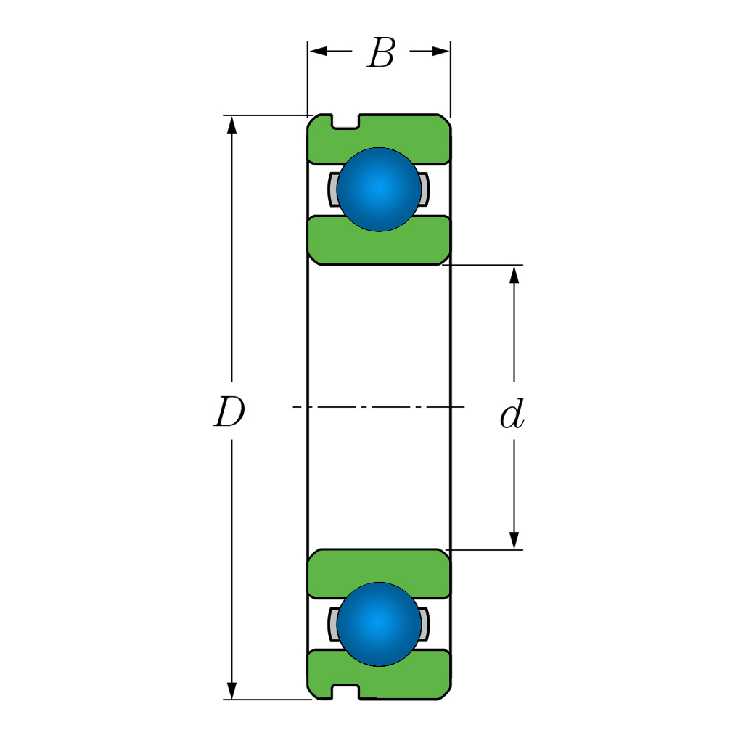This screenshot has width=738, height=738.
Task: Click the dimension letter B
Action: click(x=381, y=53)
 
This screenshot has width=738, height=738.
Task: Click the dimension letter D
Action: click(x=229, y=412)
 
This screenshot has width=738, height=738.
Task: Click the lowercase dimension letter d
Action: click(x=512, y=414)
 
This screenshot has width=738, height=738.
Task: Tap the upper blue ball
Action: click(x=379, y=189)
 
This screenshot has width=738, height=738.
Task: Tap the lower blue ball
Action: click(x=379, y=624)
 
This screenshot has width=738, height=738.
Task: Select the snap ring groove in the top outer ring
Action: click(x=346, y=121)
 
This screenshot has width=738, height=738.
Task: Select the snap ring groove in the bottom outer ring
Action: click(x=346, y=692)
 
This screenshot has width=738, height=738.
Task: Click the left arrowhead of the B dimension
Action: click(x=318, y=51)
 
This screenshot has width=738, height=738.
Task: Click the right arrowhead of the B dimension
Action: click(x=440, y=51)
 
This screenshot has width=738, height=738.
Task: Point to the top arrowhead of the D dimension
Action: click(x=231, y=125)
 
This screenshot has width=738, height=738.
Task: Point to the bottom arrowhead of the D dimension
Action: click(x=231, y=690)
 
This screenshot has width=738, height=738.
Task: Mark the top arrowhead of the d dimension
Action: click(x=514, y=275)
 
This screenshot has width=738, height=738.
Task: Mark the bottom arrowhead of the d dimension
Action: click(x=514, y=541)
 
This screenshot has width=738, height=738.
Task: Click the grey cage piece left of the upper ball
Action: click(x=333, y=189)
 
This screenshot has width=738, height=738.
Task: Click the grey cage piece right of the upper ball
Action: click(x=424, y=189)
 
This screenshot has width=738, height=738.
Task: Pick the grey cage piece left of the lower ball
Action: click(x=333, y=624)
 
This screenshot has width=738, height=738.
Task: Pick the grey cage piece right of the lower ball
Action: click(x=424, y=624)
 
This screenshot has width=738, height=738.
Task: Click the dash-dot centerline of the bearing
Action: click(x=379, y=406)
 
